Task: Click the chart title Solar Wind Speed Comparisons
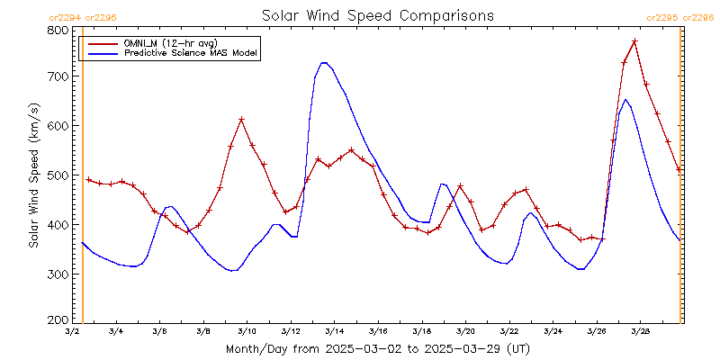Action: pyautogui.click(x=377, y=15)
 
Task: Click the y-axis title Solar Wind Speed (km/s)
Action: pyautogui.click(x=33, y=175)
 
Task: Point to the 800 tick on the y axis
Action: pyautogui.click(x=59, y=30)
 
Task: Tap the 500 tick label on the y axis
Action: pyautogui.click(x=59, y=175)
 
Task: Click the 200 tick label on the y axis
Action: pyautogui.click(x=59, y=319)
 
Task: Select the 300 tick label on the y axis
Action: pyautogui.click(x=59, y=273)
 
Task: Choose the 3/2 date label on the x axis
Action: pyautogui.click(x=72, y=332)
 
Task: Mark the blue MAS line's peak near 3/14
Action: pyautogui.click(x=324, y=62)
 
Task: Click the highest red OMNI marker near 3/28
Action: pyautogui.click(x=634, y=41)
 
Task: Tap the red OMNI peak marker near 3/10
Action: pyautogui.click(x=241, y=119)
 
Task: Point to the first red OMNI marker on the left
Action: pyautogui.click(x=88, y=179)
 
